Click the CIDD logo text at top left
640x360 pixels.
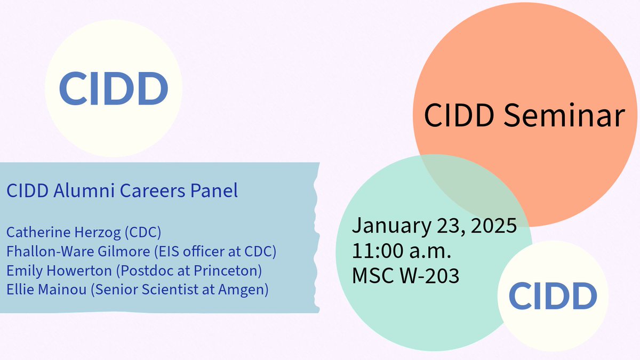114,88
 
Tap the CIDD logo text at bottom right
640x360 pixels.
553,297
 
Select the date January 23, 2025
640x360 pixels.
434,225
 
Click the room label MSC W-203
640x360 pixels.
405,276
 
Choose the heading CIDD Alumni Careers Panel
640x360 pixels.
122,191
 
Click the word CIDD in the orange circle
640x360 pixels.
458,116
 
